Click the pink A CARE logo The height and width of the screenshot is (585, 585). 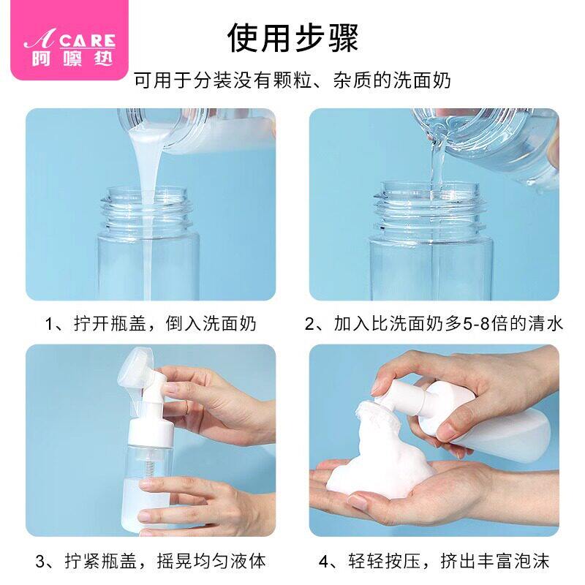coord(69,39)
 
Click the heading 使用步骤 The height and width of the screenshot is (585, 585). coord(293,38)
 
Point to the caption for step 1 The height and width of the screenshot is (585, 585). coord(151,323)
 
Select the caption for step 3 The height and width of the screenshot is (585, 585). coord(151,561)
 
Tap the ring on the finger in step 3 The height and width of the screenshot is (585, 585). coord(186,408)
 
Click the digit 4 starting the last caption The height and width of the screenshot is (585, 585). coord(324,562)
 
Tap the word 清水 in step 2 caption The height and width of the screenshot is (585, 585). coord(545,323)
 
